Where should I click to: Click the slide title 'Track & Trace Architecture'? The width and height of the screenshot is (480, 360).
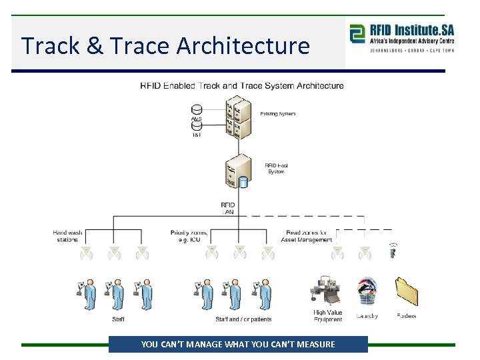tap(165, 45)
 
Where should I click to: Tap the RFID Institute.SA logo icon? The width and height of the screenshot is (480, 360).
tap(357, 33)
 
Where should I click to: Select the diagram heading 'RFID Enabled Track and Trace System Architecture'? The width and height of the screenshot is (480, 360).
tap(241, 85)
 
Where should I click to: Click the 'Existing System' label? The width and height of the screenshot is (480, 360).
tap(277, 114)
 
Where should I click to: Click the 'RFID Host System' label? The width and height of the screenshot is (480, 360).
tap(276, 169)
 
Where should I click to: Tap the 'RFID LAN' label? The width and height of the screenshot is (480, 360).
tap(227, 208)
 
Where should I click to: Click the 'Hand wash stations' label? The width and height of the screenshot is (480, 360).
tap(67, 236)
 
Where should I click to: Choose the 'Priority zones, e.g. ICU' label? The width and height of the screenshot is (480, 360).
tap(189, 236)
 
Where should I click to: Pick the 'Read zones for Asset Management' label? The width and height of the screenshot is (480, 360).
tap(306, 236)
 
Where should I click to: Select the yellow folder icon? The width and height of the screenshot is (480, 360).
tap(406, 291)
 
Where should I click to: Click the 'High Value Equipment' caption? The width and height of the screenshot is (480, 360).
tap(327, 316)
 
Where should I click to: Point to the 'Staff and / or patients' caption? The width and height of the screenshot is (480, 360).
tap(243, 319)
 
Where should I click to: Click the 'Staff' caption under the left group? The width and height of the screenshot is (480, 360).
tap(118, 319)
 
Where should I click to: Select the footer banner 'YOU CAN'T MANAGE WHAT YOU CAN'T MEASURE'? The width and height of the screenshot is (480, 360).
tap(238, 344)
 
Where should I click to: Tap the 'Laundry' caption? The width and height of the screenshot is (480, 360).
tap(367, 316)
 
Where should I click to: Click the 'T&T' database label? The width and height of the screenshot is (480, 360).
tap(196, 134)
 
